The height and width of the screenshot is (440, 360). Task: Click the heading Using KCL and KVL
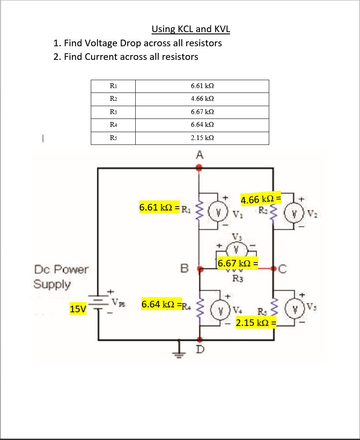pyautogui.click(x=191, y=30)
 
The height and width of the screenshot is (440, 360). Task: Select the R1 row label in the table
pyautogui.click(x=112, y=86)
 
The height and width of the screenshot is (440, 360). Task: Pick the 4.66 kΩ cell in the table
pyautogui.click(x=202, y=99)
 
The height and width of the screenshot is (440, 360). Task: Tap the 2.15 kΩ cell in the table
pyautogui.click(x=202, y=138)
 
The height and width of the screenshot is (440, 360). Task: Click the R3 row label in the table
pyautogui.click(x=112, y=112)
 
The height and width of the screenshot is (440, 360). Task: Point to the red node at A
pyautogui.click(x=199, y=167)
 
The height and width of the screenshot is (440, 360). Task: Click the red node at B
pyautogui.click(x=200, y=268)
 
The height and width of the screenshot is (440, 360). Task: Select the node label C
pyautogui.click(x=282, y=268)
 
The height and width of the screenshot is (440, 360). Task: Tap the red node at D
pyautogui.click(x=200, y=340)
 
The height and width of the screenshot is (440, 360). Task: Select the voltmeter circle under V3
pyautogui.click(x=237, y=249)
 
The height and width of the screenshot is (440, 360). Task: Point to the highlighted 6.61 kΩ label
pyautogui.click(x=159, y=207)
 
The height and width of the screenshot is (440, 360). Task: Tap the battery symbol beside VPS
pyautogui.click(x=98, y=304)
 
